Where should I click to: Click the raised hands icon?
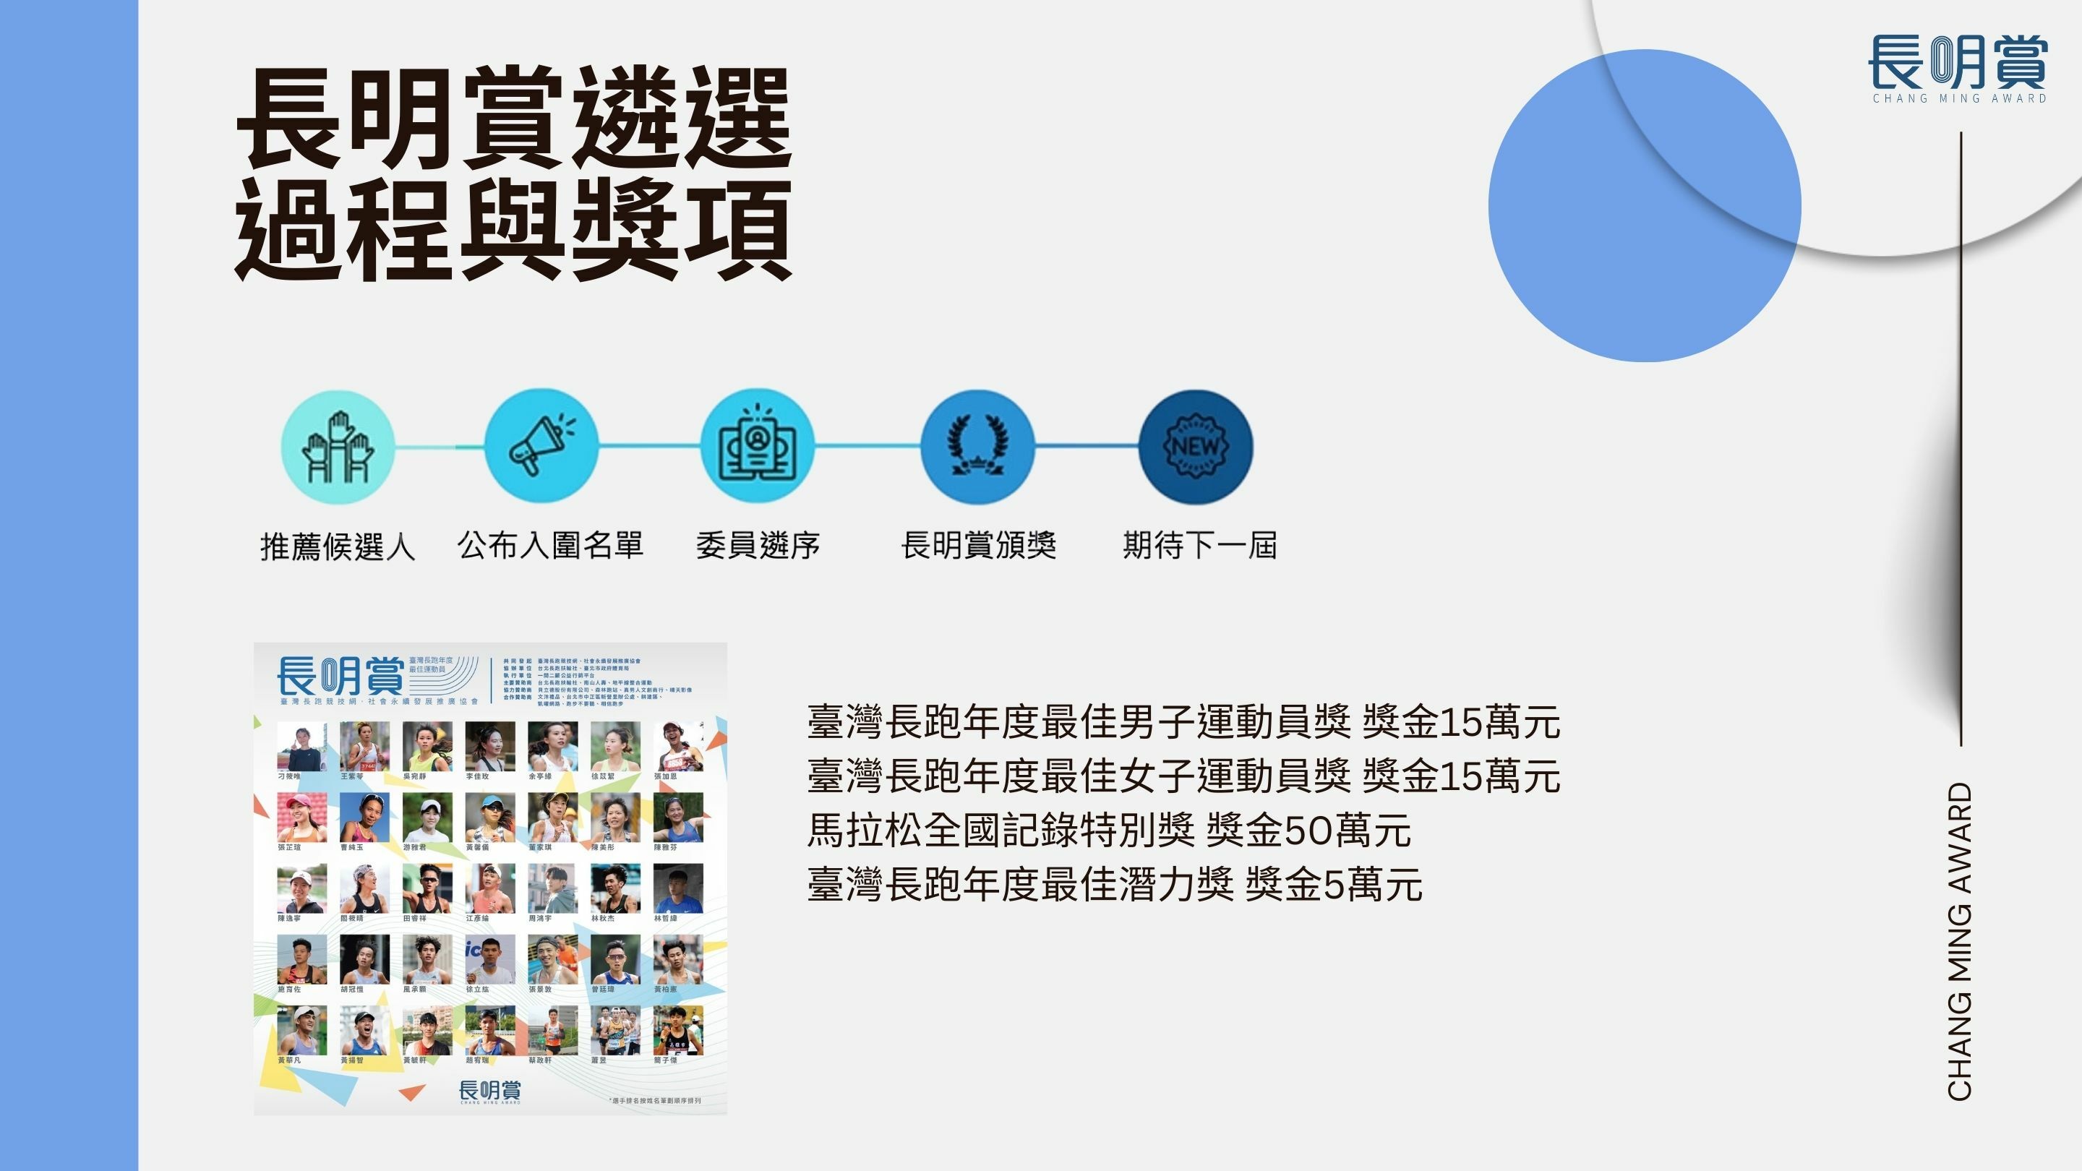pyautogui.click(x=338, y=447)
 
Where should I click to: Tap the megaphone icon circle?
pyautogui.click(x=541, y=445)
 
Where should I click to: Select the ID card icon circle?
pyautogui.click(x=758, y=445)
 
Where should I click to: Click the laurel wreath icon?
pyautogui.click(x=977, y=446)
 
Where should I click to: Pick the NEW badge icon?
pyautogui.click(x=1196, y=446)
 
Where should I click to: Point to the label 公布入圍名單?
pyautogui.click(x=550, y=546)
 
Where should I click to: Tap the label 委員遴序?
pyautogui.click(x=758, y=546)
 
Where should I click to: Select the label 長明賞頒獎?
pyautogui.click(x=979, y=546)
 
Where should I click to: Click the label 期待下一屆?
pyautogui.click(x=1200, y=546)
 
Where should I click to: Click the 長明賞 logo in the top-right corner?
pyautogui.click(x=1959, y=68)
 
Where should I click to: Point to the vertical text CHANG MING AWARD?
pyautogui.click(x=1960, y=941)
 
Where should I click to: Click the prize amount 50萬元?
pyautogui.click(x=1348, y=831)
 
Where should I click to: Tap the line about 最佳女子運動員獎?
pyautogui.click(x=1183, y=776)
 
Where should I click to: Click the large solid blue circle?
pyautogui.click(x=1644, y=206)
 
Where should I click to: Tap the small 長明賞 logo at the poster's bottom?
pyautogui.click(x=490, y=1091)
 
